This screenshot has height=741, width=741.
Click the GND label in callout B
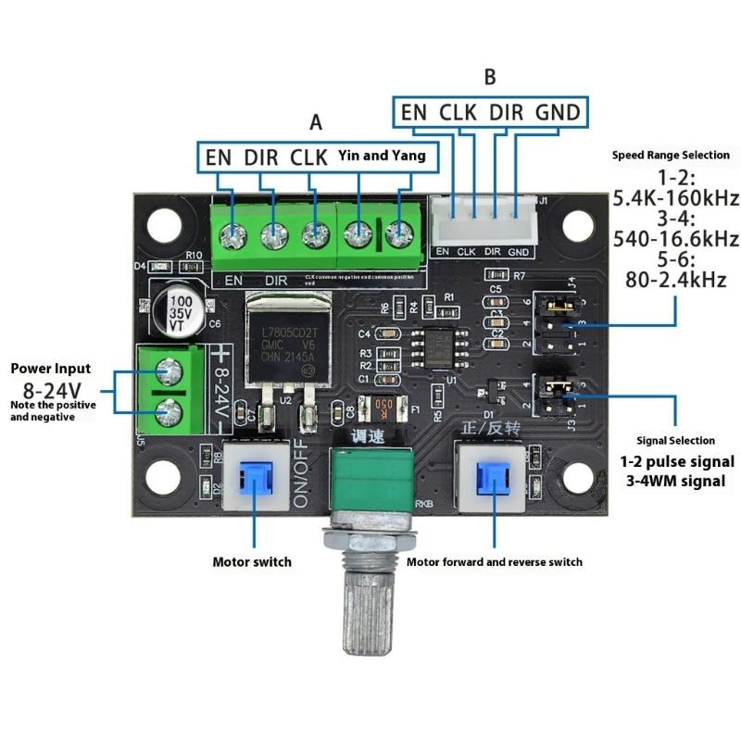[558, 113]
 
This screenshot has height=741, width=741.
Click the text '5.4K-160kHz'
[675, 197]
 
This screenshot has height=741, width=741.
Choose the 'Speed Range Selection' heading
[671, 155]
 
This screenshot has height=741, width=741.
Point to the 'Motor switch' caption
[252, 561]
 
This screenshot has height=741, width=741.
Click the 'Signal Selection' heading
[675, 440]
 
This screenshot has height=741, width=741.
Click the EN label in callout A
[219, 157]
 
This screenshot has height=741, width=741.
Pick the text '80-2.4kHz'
[675, 280]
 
